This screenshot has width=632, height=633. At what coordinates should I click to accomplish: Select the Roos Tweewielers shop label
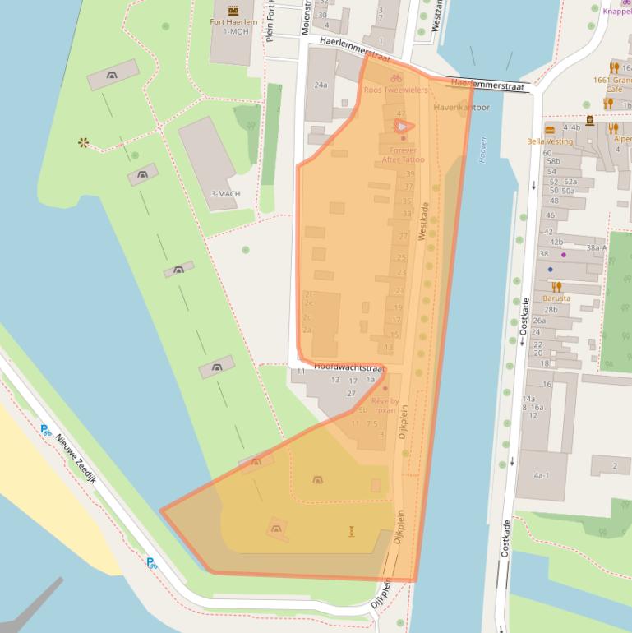pyautogui.click(x=396, y=90)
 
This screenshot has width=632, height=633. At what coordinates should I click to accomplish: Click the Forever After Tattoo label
pyautogui.click(x=403, y=155)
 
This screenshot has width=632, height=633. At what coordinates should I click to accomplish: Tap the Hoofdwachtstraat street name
pyautogui.click(x=348, y=367)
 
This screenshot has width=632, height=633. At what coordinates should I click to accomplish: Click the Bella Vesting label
pyautogui.click(x=550, y=141)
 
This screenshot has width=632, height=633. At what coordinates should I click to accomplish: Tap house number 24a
pyautogui.click(x=321, y=85)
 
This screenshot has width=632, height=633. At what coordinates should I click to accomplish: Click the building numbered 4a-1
pyautogui.click(x=541, y=475)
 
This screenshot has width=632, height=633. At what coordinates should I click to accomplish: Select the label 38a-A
pyautogui.click(x=596, y=247)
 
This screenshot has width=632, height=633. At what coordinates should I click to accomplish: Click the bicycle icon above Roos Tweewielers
pyautogui.click(x=396, y=78)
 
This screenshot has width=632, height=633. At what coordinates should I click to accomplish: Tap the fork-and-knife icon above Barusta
pyautogui.click(x=556, y=287)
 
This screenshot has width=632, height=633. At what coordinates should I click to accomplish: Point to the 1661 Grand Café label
pyautogui.click(x=611, y=85)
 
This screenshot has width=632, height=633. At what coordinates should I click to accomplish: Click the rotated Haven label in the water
pyautogui.click(x=482, y=150)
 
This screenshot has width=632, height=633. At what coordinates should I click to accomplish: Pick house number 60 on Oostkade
pyautogui.click(x=547, y=153)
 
